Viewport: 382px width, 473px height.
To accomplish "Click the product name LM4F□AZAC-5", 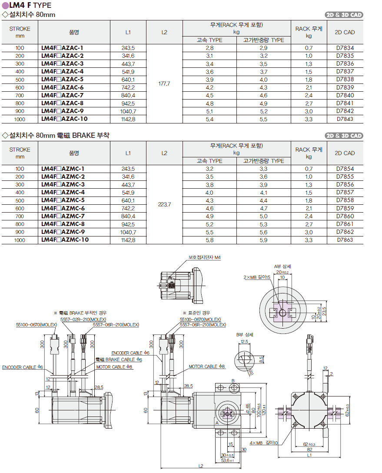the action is tap(62, 79).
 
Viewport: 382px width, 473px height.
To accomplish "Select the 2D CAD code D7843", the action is tap(345, 119).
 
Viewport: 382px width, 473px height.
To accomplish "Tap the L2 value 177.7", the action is tap(164, 83).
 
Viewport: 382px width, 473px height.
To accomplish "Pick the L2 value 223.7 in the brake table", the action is tap(164, 204).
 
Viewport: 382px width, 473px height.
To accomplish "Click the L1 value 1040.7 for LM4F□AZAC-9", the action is tap(128, 111).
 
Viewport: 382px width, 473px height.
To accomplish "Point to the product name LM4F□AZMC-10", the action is tap(65, 240).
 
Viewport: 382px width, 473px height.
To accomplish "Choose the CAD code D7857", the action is tap(345, 192).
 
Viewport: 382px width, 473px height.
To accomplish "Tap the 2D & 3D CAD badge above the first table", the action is tap(344, 15).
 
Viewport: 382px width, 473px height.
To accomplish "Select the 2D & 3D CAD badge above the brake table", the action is tap(344, 136).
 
